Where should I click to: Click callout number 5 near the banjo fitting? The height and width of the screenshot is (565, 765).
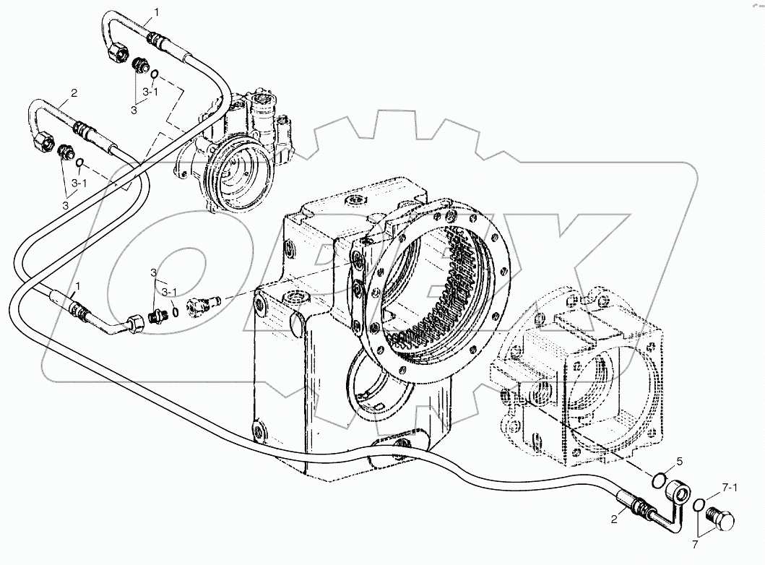[678, 461]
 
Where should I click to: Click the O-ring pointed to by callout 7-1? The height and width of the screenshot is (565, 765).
[699, 506]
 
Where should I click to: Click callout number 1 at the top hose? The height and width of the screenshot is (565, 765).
[157, 12]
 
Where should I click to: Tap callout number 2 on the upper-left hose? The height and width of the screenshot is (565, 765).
[73, 93]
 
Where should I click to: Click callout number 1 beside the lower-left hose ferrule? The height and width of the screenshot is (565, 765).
[77, 288]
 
